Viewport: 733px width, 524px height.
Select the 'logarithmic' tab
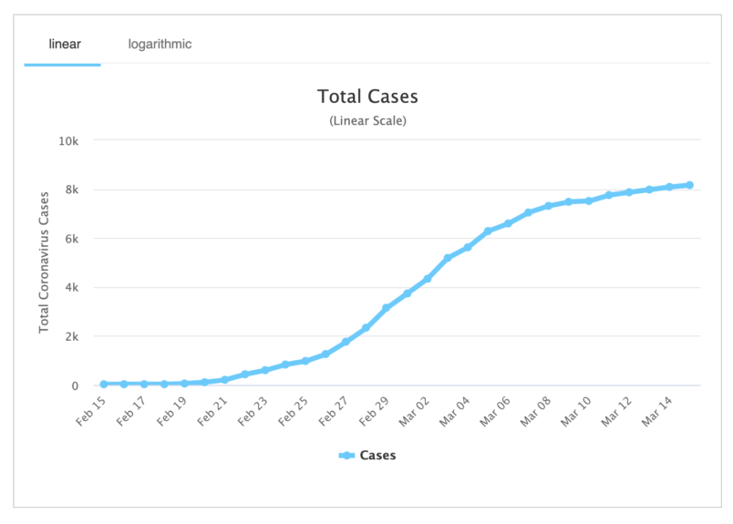(x=160, y=44)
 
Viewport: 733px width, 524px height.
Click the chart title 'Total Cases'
(x=367, y=97)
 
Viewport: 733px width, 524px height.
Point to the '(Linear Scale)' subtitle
(x=367, y=120)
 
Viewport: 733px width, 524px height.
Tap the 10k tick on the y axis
(x=70, y=141)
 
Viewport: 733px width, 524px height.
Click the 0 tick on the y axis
(x=77, y=385)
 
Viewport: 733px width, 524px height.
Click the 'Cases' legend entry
(x=367, y=455)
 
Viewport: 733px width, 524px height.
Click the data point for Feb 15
(x=104, y=384)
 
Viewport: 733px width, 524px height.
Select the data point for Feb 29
(x=386, y=308)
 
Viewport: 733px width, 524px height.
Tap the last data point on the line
(x=689, y=185)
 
